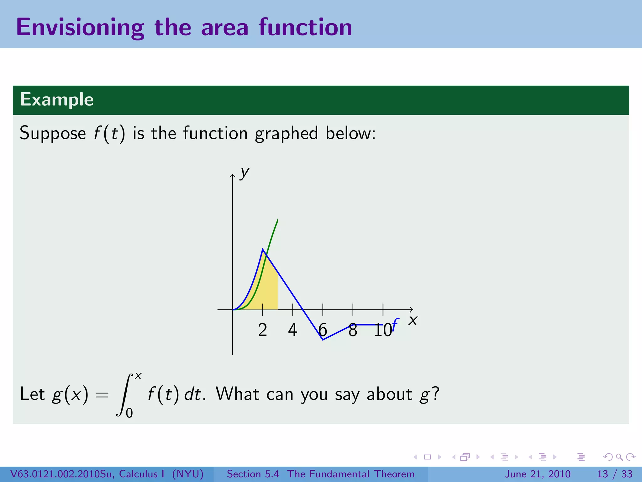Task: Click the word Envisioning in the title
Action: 80,28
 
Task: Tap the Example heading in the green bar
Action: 57,100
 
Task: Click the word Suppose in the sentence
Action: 53,133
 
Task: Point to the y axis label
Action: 244,172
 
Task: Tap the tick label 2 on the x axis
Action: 263,330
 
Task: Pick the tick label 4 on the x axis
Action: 292,330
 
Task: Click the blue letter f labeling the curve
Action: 395,324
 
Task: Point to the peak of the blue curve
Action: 263,249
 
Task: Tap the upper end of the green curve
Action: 277,220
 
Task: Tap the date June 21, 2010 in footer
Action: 537,474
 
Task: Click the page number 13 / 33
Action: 614,474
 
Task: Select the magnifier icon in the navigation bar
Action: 619,457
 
